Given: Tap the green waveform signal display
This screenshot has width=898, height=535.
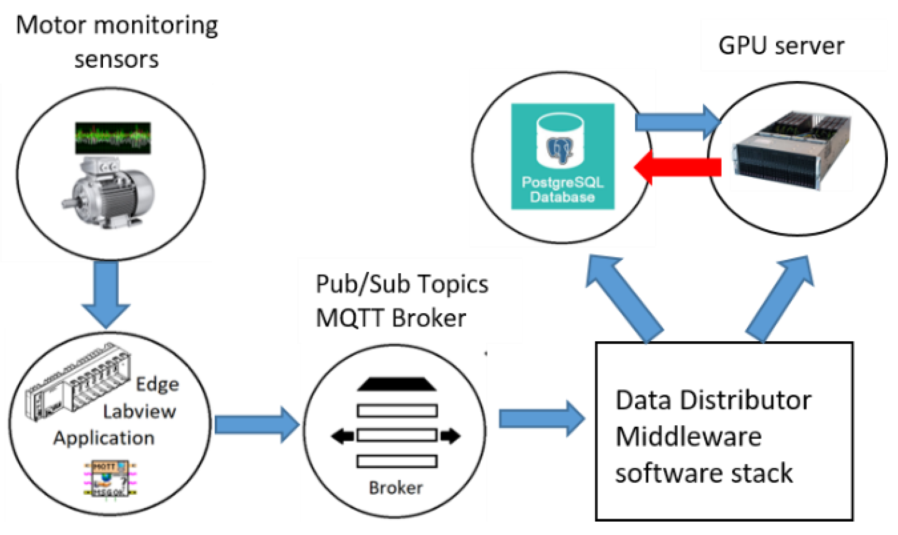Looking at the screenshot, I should pyautogui.click(x=113, y=138).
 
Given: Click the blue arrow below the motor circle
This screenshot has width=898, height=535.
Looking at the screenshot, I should pyautogui.click(x=106, y=293).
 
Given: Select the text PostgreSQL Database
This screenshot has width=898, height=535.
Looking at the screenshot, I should pyautogui.click(x=562, y=190).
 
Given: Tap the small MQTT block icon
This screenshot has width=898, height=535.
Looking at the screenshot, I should pyautogui.click(x=110, y=479).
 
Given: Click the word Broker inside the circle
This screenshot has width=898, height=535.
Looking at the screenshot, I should pyautogui.click(x=395, y=488).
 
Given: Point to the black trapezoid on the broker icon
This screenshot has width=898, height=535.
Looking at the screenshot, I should pyautogui.click(x=397, y=384).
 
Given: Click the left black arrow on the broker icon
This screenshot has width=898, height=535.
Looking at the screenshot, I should pyautogui.click(x=342, y=436).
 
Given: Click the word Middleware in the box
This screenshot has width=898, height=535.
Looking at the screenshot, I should pyautogui.click(x=688, y=437).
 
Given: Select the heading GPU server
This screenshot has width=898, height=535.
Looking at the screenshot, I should pyautogui.click(x=781, y=46).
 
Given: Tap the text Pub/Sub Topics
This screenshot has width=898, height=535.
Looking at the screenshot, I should pyautogui.click(x=402, y=284).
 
